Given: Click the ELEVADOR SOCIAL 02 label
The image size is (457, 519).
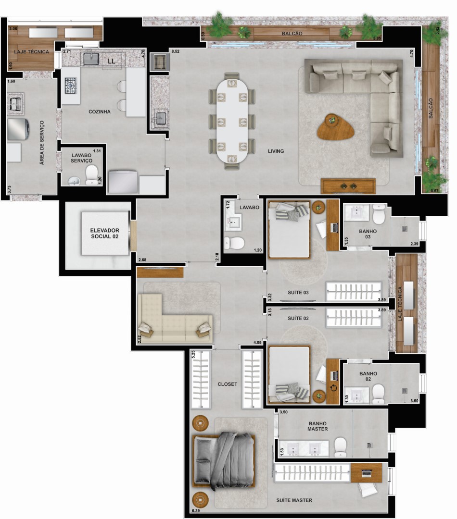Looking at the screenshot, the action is pos(105,234).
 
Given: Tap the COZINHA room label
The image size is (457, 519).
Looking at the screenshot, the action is pos(100,112).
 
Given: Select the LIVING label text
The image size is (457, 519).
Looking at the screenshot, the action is pos(276,151).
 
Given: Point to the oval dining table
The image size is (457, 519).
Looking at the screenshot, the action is pos(232,121).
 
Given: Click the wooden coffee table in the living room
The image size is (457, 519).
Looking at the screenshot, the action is pos(336,127).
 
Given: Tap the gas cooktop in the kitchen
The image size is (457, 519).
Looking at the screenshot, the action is pos(70,86).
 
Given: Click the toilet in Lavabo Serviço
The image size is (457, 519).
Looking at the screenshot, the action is pos(91,175).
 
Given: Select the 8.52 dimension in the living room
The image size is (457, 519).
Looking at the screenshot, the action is pos(175,51).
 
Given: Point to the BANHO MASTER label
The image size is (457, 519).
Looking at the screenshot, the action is pos(317,426).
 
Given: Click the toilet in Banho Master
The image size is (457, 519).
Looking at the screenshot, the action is pos(341,447).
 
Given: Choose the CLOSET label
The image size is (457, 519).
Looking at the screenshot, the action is pos(228,384).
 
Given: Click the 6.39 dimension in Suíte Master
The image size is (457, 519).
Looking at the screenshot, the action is pos(195,511).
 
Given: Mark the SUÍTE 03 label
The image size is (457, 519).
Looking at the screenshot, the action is pos(298,293).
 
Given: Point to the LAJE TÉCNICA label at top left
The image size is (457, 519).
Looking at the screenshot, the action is pos(31,52).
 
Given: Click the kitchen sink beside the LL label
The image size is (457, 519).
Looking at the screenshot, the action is pos(91,59).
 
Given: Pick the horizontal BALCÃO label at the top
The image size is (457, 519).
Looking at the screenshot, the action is pos(292,34).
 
